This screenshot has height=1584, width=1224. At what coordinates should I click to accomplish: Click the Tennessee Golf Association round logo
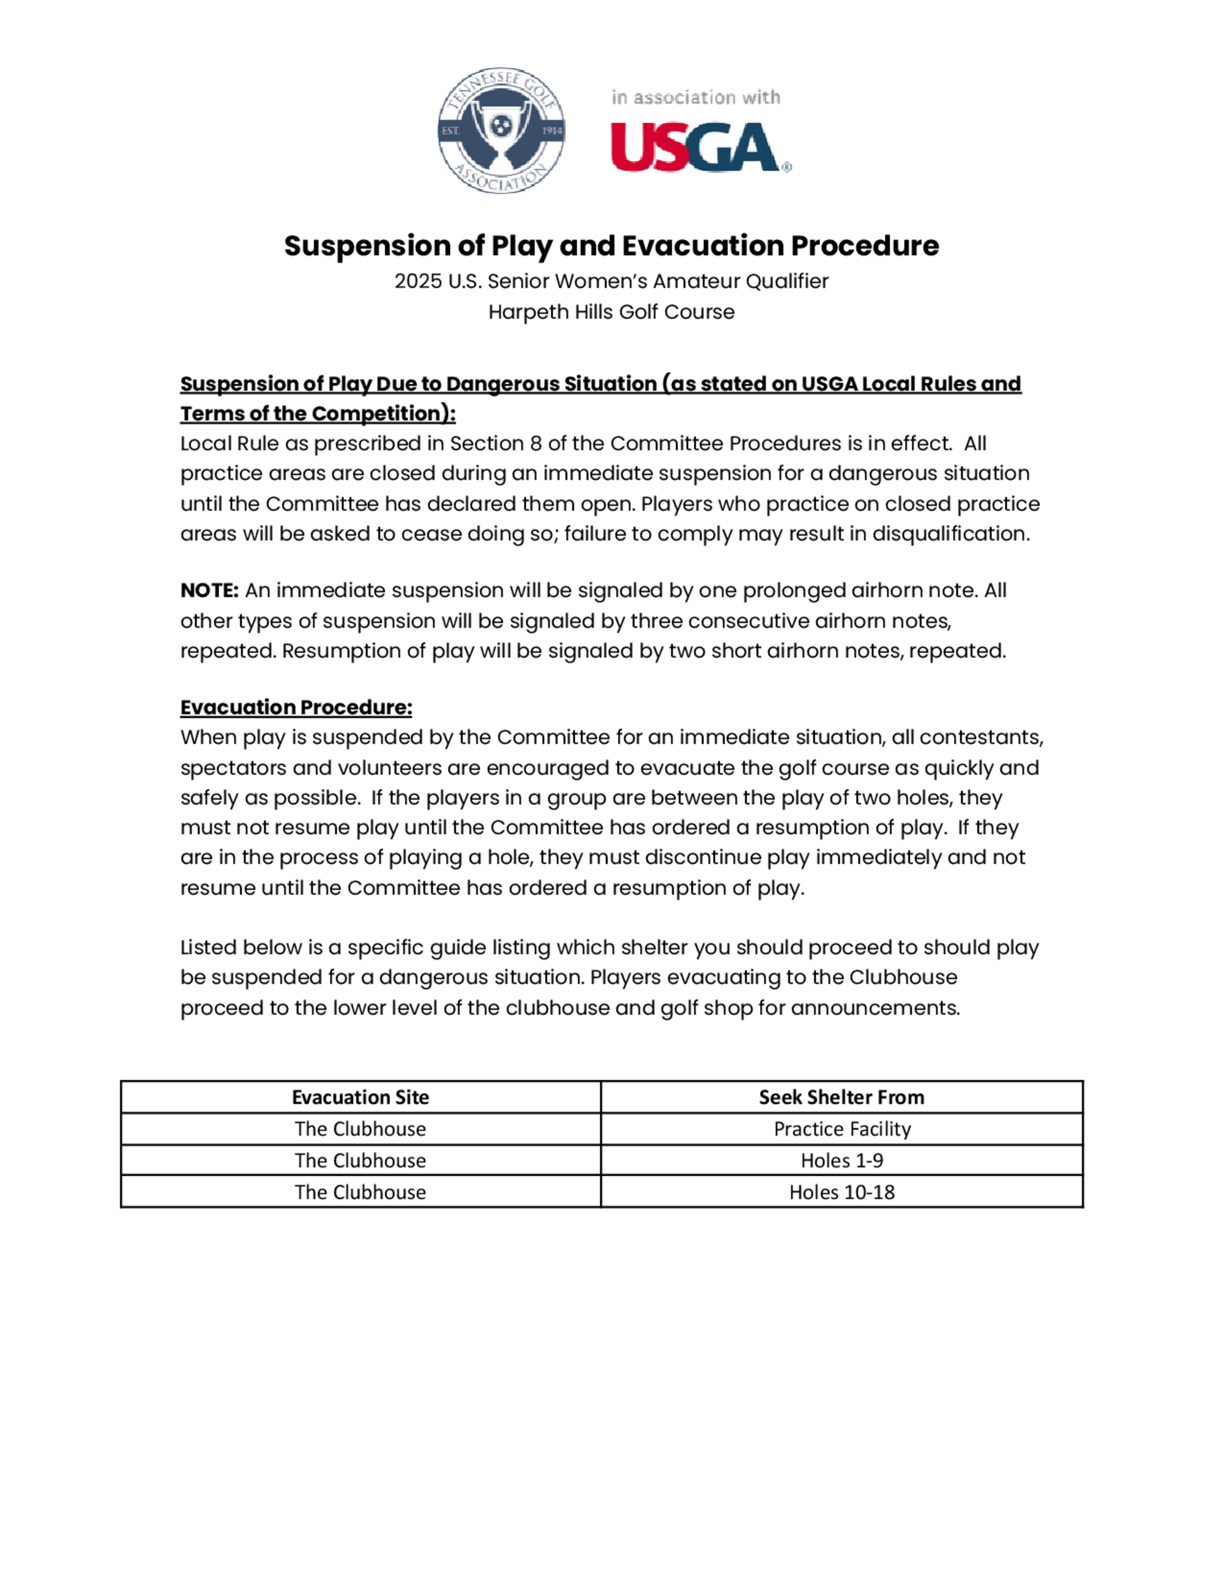point(501,130)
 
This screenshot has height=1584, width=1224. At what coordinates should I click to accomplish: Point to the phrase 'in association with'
point(695,97)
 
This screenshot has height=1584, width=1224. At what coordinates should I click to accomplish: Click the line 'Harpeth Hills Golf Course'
point(611,312)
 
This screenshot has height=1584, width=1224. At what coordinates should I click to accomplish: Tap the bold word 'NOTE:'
point(209,591)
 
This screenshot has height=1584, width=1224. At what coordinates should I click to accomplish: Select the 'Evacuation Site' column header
point(360,1097)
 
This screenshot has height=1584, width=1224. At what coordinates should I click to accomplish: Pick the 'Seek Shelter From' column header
point(841,1097)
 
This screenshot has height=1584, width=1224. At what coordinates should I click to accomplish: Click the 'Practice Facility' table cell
point(842,1129)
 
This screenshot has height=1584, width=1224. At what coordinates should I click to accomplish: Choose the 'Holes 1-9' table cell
point(842,1160)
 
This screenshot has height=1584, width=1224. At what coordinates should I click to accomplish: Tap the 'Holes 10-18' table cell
point(842,1192)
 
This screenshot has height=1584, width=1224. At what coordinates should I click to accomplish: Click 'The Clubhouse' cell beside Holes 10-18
point(360,1192)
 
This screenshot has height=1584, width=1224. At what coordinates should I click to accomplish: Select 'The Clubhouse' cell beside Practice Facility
point(360,1129)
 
